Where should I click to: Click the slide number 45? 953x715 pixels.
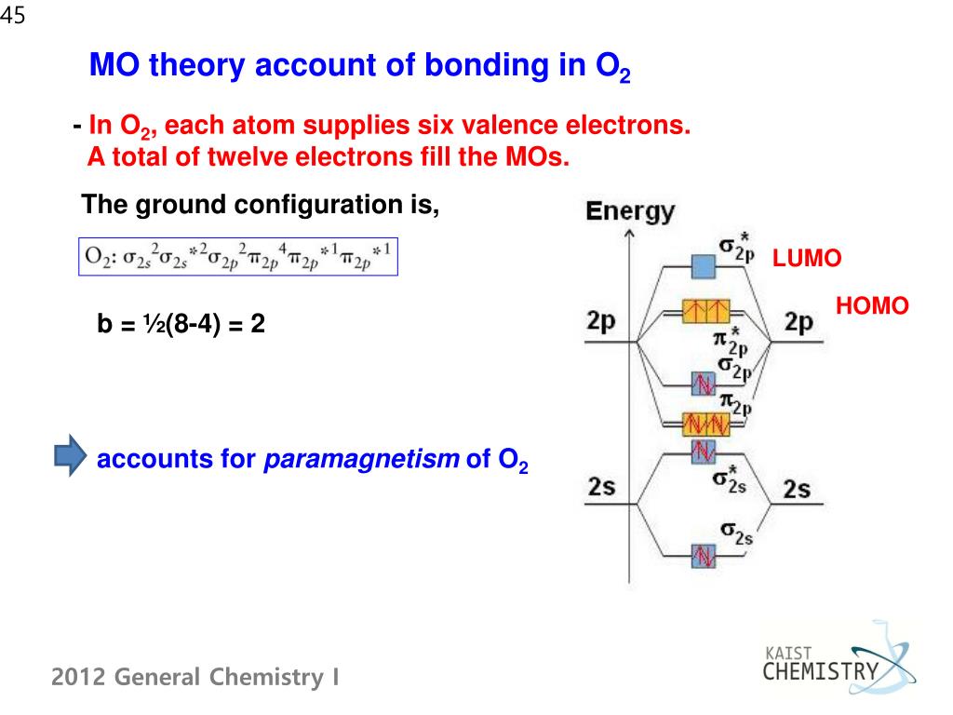point(13,15)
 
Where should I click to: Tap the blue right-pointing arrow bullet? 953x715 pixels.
point(70,458)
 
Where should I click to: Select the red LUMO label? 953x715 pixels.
point(807,260)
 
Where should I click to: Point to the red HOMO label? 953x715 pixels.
point(872,305)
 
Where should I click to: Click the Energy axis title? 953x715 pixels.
point(629,211)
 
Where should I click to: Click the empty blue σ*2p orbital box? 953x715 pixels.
point(703,268)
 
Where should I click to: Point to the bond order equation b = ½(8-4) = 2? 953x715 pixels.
point(181,325)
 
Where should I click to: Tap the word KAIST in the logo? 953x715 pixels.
point(786,652)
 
